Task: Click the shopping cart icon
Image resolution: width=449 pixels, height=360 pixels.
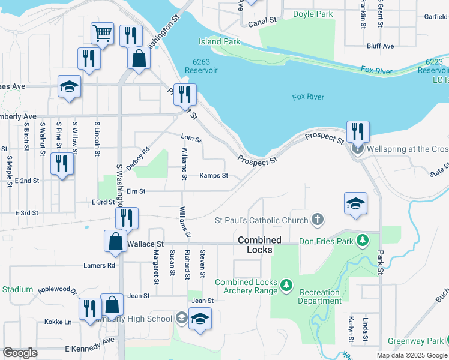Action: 103,33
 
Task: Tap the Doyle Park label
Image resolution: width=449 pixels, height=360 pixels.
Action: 312,14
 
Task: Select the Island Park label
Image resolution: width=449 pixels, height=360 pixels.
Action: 220,42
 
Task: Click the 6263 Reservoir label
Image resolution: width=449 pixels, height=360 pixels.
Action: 201,66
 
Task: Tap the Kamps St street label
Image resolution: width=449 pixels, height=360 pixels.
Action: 214,176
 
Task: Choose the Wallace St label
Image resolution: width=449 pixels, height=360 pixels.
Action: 146,244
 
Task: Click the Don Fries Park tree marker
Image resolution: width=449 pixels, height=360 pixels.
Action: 362,241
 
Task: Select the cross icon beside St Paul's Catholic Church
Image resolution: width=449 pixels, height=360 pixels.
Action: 318,220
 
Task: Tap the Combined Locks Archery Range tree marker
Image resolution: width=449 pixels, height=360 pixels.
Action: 287,283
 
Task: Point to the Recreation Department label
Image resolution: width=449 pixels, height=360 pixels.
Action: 319,296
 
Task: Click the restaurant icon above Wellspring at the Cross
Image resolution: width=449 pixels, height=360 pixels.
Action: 358,131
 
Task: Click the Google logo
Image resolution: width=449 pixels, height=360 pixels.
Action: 20,353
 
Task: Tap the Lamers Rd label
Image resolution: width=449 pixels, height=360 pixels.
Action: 100,265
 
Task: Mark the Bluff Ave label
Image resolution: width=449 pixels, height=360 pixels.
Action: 381,46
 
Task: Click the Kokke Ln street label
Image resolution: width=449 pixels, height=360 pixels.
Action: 58,322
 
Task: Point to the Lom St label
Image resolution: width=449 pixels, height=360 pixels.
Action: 191,139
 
